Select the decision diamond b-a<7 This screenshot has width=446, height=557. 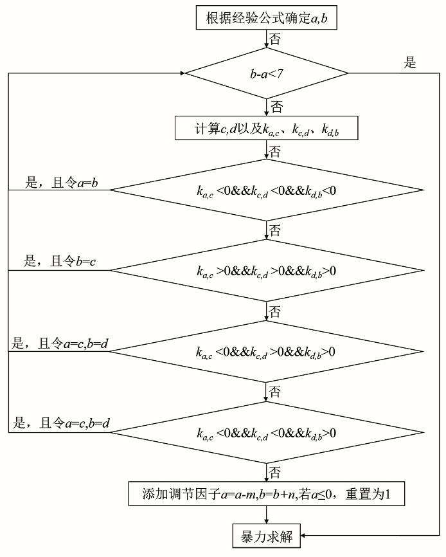[266, 73]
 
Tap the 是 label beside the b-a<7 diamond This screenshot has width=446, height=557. [409, 63]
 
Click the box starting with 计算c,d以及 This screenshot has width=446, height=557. [266, 129]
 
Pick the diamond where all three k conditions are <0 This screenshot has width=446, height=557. [266, 190]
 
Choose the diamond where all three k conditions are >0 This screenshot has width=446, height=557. [266, 271]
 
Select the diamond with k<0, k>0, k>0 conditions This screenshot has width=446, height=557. [266, 352]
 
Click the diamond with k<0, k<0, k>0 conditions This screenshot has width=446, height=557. [266, 433]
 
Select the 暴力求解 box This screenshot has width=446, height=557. [266, 536]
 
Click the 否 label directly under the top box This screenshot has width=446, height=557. [274, 39]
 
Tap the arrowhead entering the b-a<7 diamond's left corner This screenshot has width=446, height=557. [184, 73]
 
